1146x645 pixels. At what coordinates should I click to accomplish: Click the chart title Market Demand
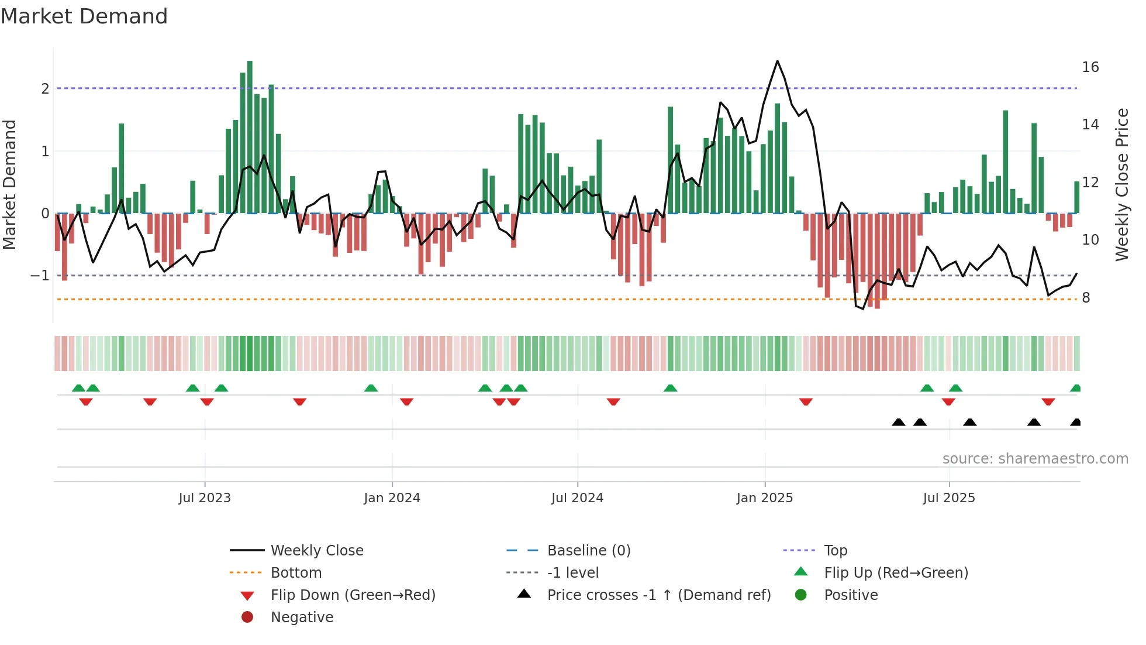click(84, 16)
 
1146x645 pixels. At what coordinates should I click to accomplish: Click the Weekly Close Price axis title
click(1121, 184)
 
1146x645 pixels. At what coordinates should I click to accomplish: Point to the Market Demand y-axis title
click(9, 184)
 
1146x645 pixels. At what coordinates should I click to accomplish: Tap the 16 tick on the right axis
click(1090, 67)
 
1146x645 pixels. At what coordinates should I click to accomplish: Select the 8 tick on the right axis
click(1086, 298)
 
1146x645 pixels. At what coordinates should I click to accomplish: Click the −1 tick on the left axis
click(40, 276)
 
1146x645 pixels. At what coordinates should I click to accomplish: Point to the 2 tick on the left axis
click(45, 89)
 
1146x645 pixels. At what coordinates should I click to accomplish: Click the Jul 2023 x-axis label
click(205, 498)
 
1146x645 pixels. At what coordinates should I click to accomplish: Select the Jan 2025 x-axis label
click(764, 498)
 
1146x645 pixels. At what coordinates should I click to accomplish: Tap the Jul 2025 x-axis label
click(948, 498)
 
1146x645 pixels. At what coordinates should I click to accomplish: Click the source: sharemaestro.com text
click(1035, 459)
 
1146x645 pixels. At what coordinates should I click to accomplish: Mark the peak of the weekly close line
click(777, 61)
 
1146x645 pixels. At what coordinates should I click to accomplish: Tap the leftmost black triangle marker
click(899, 423)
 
